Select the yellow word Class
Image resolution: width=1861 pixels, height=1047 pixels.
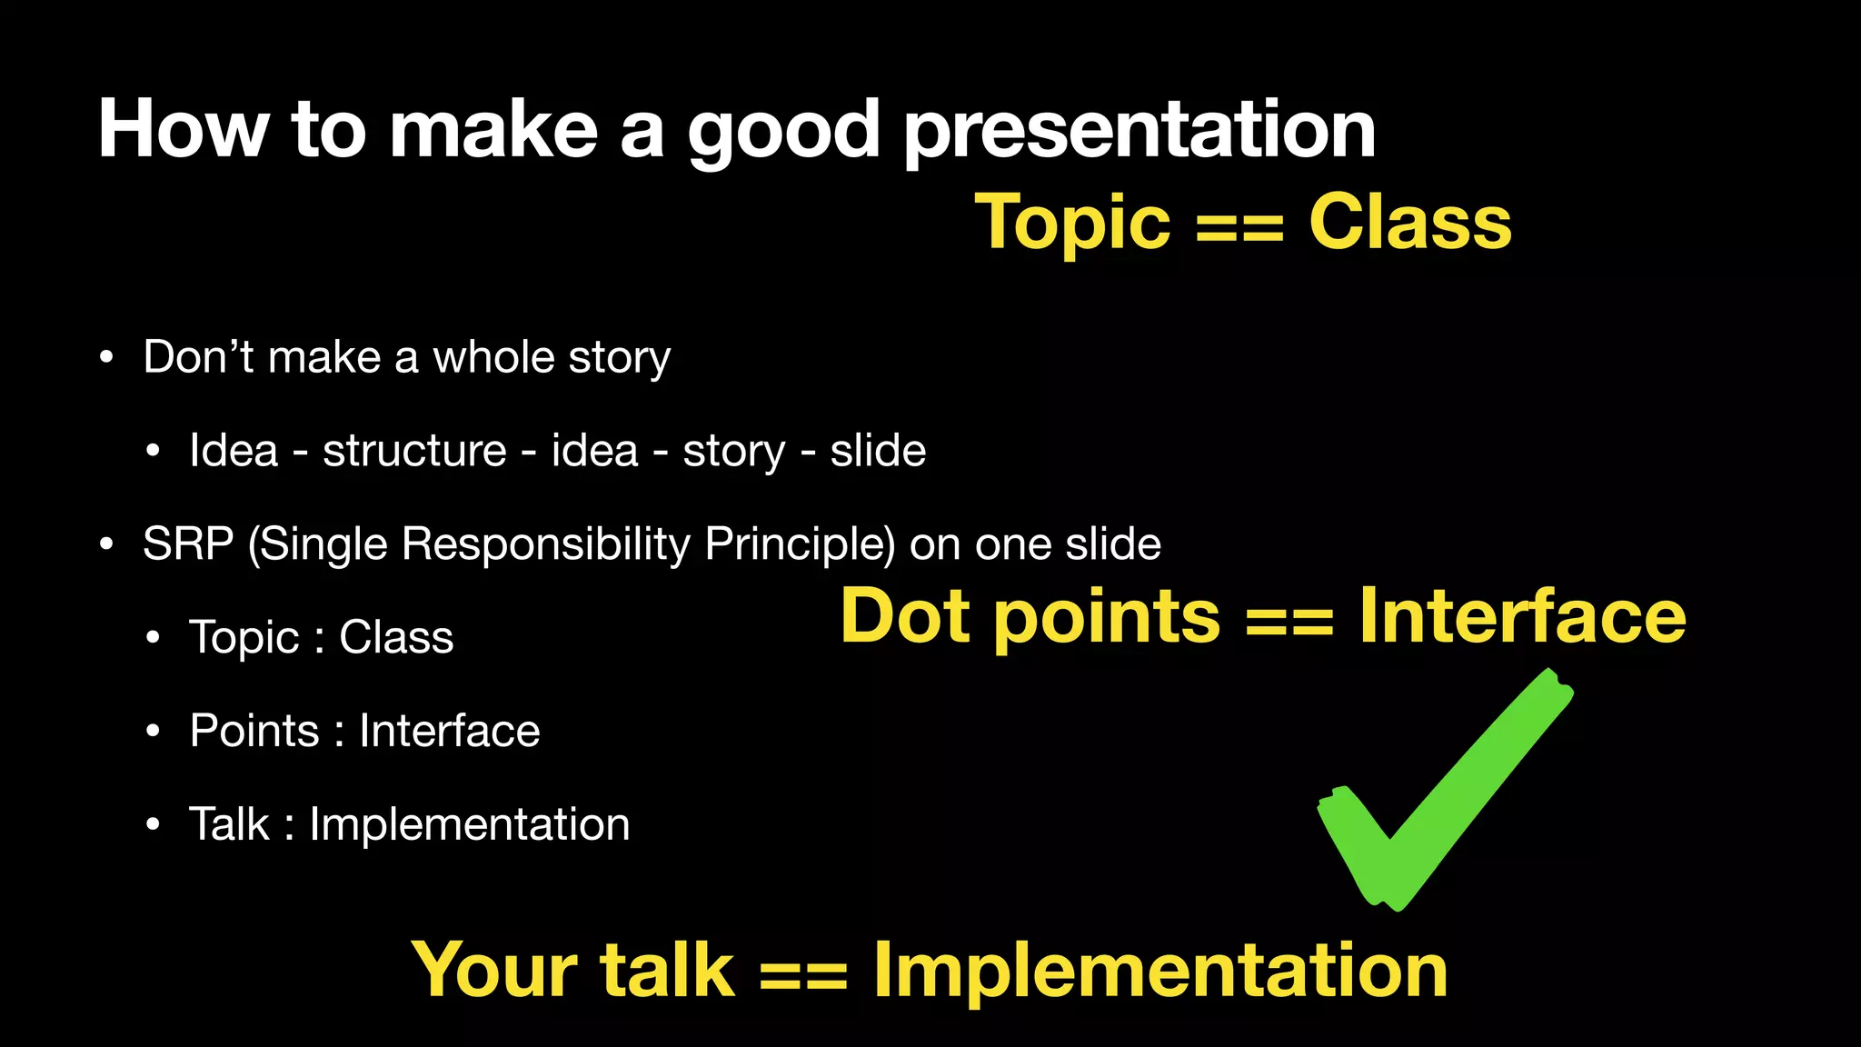1409,223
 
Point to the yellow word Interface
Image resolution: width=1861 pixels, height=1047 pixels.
1522,616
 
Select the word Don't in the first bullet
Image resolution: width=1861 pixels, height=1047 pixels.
198,356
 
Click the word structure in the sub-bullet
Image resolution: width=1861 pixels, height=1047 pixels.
414,451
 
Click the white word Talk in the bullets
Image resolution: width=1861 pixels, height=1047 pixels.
229,824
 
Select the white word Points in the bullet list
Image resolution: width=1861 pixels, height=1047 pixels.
254,731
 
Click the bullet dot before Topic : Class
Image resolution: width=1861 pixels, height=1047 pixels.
154,638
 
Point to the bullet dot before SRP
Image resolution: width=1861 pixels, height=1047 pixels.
107,544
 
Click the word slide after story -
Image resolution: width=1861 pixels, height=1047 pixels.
877,451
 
